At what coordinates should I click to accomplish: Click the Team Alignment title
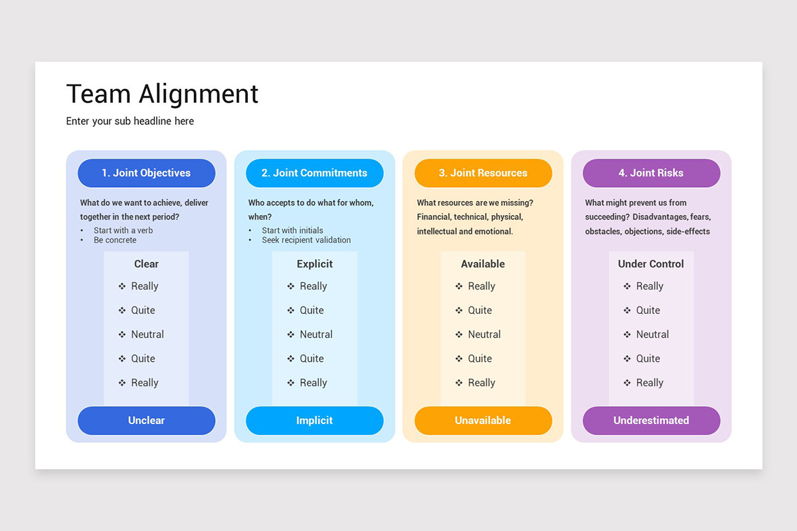[x=162, y=94]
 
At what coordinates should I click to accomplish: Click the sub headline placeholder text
[x=130, y=121]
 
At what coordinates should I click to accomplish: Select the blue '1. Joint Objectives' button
[x=146, y=173]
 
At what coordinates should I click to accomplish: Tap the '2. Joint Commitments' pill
[x=314, y=173]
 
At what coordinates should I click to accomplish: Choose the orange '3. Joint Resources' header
[x=483, y=173]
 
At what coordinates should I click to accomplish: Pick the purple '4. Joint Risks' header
[x=651, y=173]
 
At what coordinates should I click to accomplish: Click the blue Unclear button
[x=146, y=420]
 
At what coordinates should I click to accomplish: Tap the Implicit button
[x=314, y=420]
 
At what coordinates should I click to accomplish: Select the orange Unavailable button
[x=483, y=420]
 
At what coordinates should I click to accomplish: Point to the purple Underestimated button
[x=651, y=420]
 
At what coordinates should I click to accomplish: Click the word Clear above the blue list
[x=146, y=264]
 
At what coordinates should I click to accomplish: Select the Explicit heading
[x=315, y=264]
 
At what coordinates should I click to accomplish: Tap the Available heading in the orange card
[x=483, y=264]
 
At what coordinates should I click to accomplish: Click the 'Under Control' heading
[x=651, y=264]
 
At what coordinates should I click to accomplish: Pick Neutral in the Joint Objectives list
[x=147, y=335]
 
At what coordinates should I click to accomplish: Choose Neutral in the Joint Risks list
[x=652, y=335]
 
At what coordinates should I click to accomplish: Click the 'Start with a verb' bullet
[x=123, y=230]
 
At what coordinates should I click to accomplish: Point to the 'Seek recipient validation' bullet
[x=306, y=240]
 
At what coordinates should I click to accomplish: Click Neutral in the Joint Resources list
[x=484, y=335]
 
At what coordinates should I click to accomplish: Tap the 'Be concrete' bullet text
[x=115, y=240]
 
